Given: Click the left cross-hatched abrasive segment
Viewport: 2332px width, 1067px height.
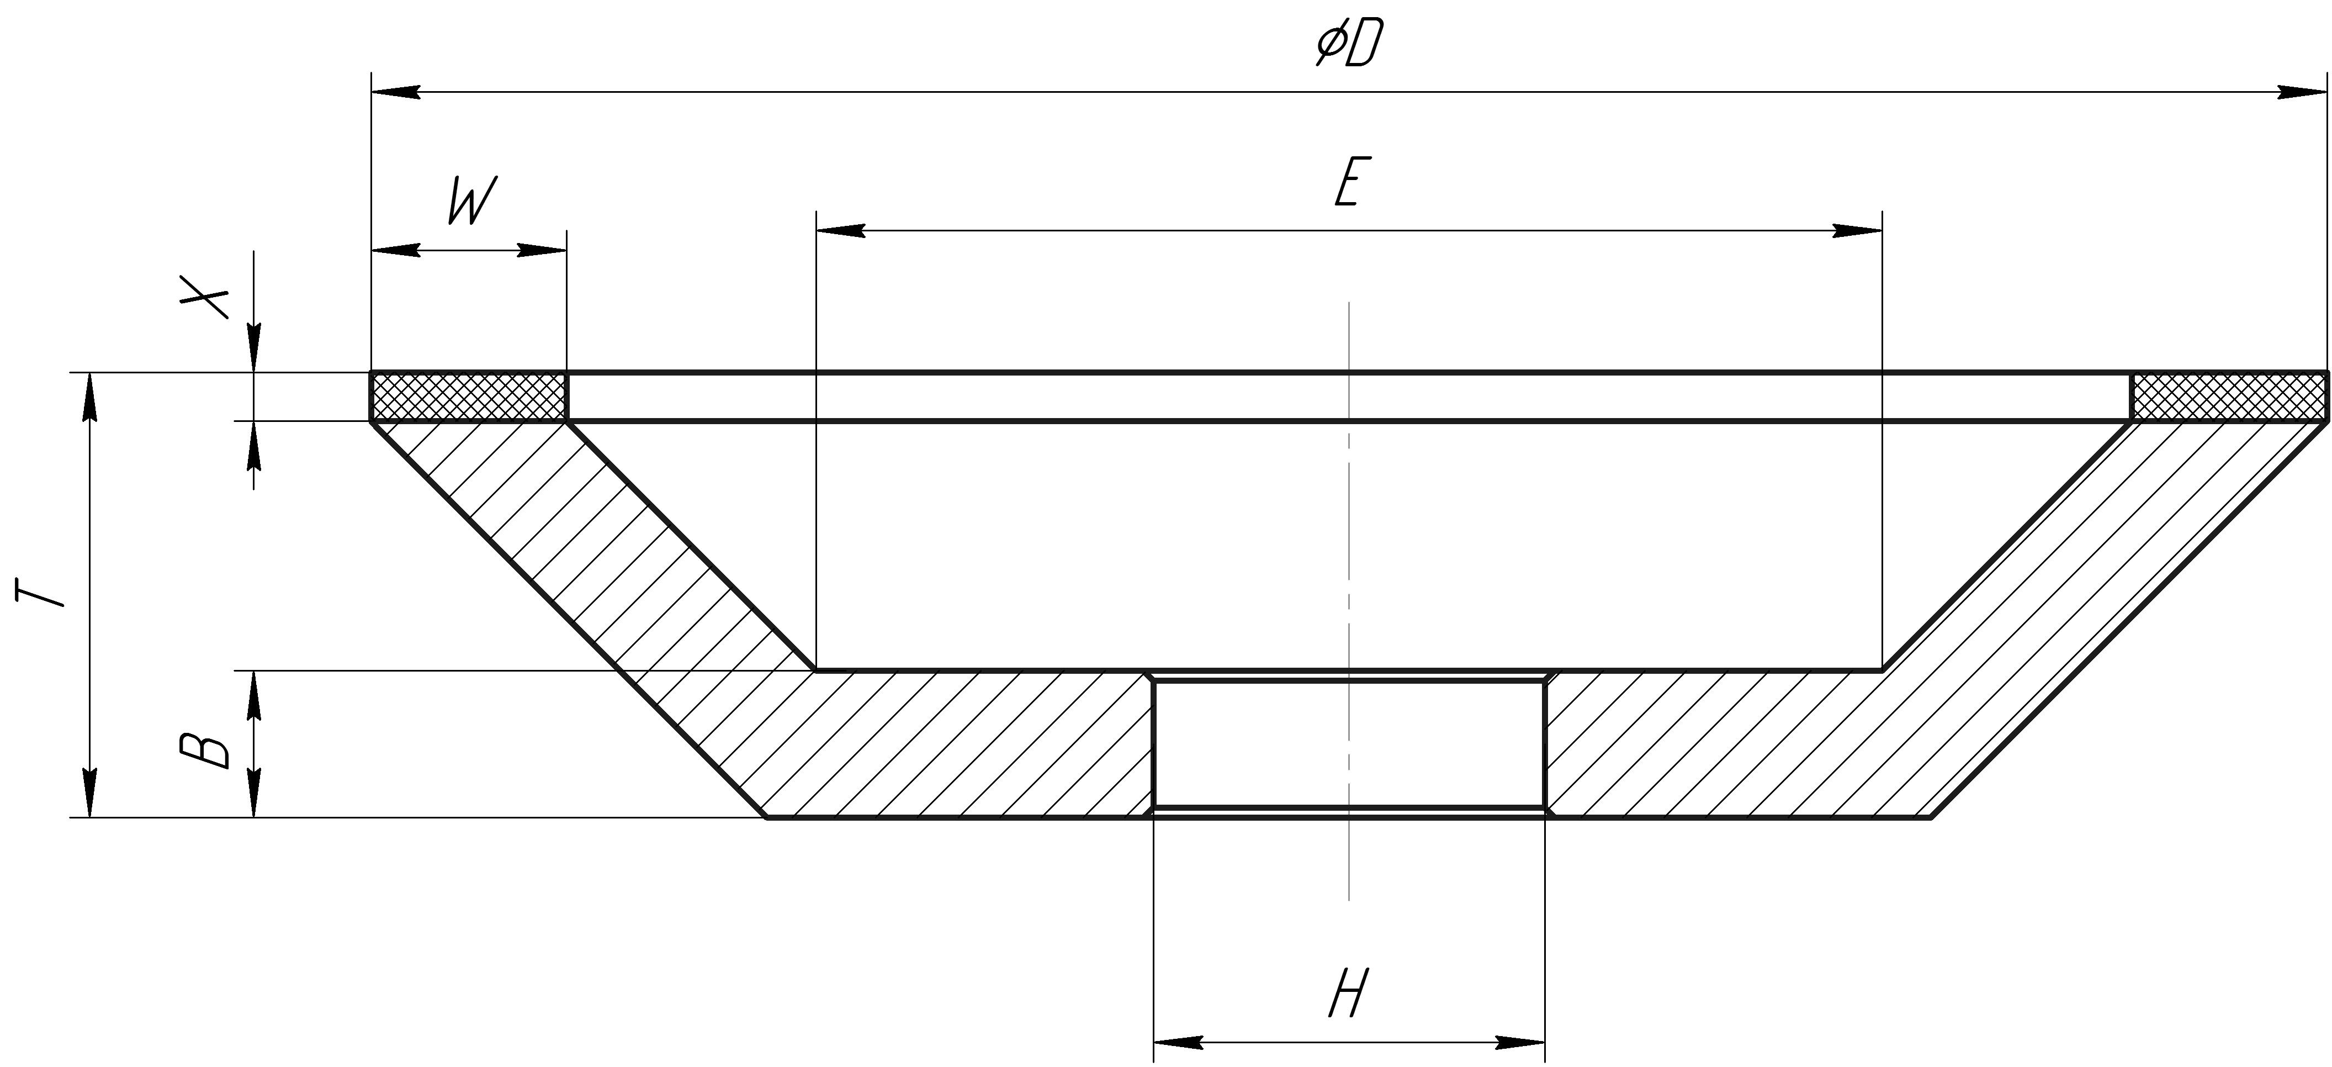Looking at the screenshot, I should coord(468,397).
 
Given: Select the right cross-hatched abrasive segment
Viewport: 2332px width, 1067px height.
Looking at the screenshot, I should coord(2227,397).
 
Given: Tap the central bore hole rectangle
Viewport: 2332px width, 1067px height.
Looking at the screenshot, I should coord(1349,743).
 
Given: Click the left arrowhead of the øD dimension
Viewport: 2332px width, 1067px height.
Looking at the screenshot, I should coord(396,92).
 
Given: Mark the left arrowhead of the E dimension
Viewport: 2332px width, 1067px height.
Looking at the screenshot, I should coord(840,231).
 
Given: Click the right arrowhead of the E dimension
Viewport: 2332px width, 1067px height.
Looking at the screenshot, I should coord(1858,231).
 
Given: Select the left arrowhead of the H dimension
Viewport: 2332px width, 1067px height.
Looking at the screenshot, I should coord(1177,1043).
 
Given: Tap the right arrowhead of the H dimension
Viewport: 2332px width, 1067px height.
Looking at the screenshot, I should coord(1521,1043).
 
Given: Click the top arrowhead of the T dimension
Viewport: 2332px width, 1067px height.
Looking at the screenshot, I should coord(89,396).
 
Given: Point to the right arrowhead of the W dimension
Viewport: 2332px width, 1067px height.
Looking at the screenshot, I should coord(542,250).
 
